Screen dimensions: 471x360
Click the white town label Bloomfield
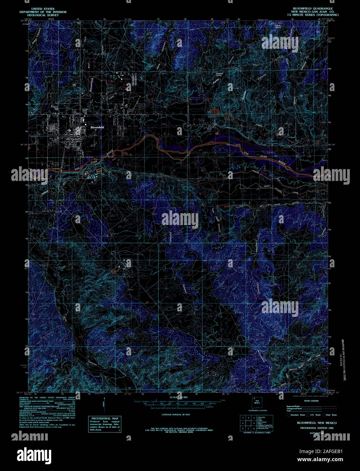click(x=97, y=127)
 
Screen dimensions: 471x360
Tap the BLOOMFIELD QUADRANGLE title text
click(x=313, y=8)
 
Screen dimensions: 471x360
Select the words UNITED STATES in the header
click(x=43, y=8)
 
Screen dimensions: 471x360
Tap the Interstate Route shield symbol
click(x=289, y=415)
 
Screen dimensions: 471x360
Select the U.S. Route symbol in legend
click(x=308, y=415)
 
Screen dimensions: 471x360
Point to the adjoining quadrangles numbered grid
click(x=248, y=424)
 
